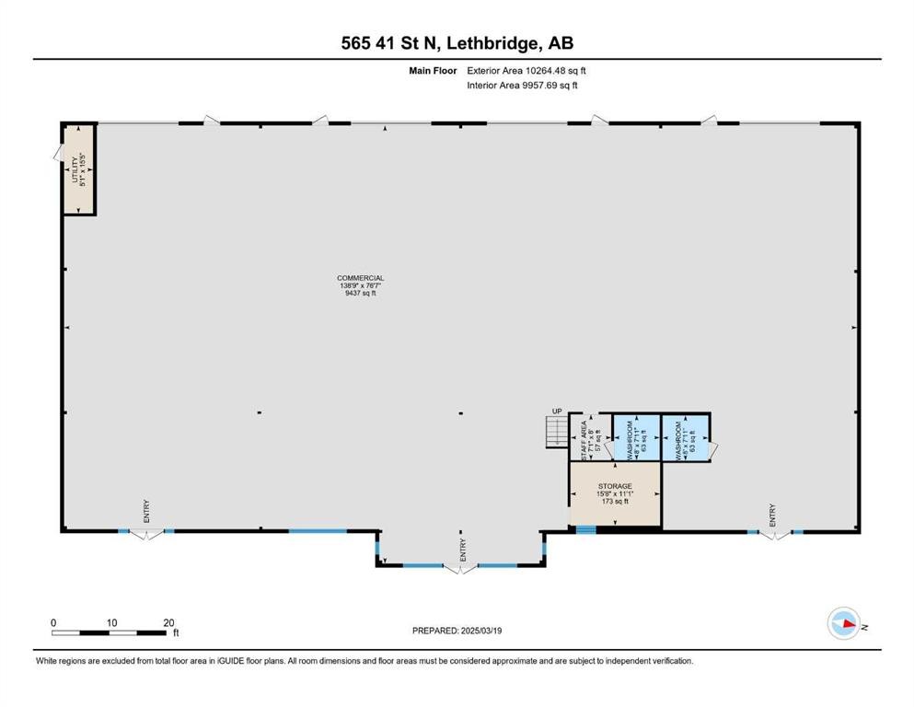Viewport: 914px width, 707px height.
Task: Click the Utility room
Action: tap(79, 169)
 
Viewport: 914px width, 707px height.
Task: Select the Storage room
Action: tap(614, 493)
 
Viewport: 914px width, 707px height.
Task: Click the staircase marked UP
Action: tap(556, 432)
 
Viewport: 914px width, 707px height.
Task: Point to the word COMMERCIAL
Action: tap(360, 278)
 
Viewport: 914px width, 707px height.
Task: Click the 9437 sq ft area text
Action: tap(360, 293)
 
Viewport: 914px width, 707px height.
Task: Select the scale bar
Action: tap(111, 632)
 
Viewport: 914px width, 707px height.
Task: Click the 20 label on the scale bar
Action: tap(168, 622)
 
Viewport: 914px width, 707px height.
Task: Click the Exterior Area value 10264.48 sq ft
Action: tap(550, 70)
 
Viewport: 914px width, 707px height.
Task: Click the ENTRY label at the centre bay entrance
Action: tap(462, 550)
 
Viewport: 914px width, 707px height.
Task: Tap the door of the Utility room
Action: tap(58, 152)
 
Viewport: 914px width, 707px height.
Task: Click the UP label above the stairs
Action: tap(557, 411)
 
